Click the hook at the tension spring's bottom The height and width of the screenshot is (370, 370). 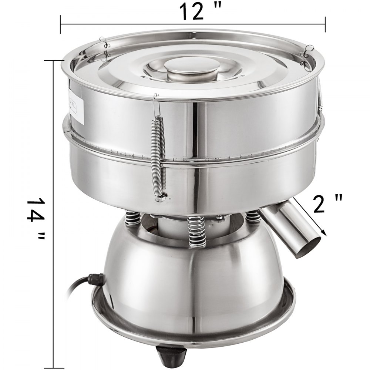(160, 199)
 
